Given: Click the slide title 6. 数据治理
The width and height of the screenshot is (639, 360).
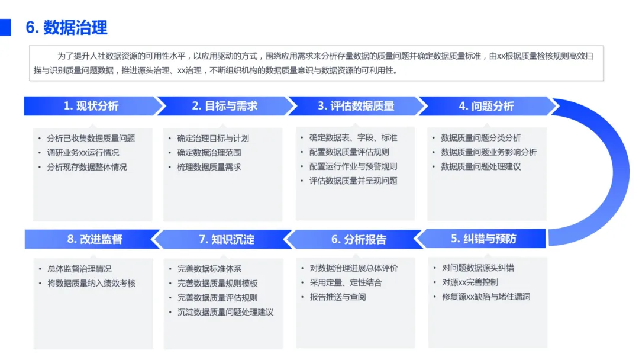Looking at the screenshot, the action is coord(67,27).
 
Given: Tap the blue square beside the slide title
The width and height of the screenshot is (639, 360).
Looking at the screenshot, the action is coord(5,27).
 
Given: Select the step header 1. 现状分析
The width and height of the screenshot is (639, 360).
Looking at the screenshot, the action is coord(91,106).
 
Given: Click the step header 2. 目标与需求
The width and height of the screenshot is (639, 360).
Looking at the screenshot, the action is coord(224,106).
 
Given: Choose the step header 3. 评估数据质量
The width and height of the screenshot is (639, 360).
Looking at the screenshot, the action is coord(356,106).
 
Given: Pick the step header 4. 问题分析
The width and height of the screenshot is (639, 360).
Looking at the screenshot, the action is coord(486,106).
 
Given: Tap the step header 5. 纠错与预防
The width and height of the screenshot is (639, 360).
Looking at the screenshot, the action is coord(483,238).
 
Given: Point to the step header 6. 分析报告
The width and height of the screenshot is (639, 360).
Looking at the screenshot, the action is coord(359,239).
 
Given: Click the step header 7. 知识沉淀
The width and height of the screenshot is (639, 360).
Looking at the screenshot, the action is coord(227,239).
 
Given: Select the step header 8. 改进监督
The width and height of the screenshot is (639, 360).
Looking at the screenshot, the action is coord(95,239).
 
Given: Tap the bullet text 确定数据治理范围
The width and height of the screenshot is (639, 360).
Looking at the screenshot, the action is coord(209,153).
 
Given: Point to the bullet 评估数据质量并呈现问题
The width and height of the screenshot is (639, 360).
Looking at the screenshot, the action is coord(353,181).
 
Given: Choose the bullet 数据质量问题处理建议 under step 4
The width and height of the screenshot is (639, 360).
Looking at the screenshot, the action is coord(481,166).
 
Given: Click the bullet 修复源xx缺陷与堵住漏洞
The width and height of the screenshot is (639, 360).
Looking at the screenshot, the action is coord(486,297).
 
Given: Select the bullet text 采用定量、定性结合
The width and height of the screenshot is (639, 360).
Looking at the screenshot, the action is coord(346,282).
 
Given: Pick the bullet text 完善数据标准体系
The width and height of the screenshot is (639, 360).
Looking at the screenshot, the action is coord(209,269).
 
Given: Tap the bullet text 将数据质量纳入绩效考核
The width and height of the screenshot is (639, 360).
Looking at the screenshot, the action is coord(92,283).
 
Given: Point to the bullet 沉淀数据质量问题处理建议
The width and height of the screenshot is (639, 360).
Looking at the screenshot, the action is coord(225,312).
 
